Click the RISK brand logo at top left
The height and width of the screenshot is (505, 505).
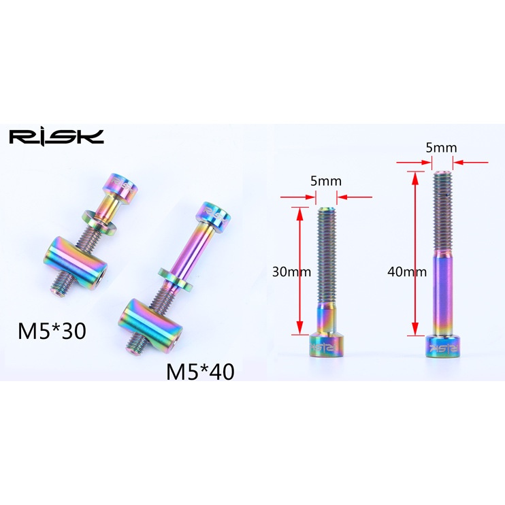(x=56, y=137)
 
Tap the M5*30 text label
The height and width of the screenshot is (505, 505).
(x=52, y=331)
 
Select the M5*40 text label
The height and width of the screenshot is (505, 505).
(x=200, y=372)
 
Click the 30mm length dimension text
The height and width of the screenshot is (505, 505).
(x=291, y=272)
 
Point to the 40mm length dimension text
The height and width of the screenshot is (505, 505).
(x=407, y=272)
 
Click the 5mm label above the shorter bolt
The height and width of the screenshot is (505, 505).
(x=326, y=181)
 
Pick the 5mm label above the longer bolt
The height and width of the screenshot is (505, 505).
(x=441, y=148)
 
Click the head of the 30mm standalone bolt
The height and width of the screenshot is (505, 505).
(x=326, y=346)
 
